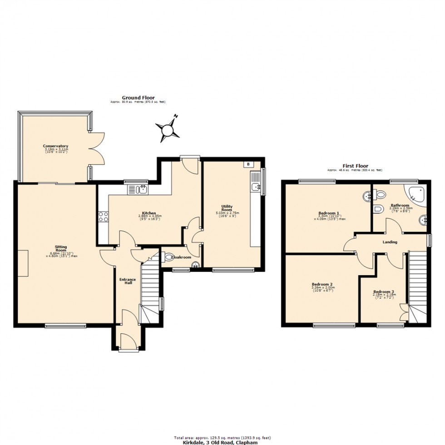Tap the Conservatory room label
coord(55,146)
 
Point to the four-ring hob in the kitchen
coord(103,217)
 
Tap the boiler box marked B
coord(248,164)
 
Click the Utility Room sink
coord(256,186)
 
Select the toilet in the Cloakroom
coord(168,257)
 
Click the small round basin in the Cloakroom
coord(195,266)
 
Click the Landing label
coord(390,242)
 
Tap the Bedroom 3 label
coord(384,292)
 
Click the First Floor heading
coord(355,166)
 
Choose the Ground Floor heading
coord(138,98)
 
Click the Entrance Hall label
coord(125,281)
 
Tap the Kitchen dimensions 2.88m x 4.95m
coord(149,216)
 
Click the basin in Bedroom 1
coord(367,197)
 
